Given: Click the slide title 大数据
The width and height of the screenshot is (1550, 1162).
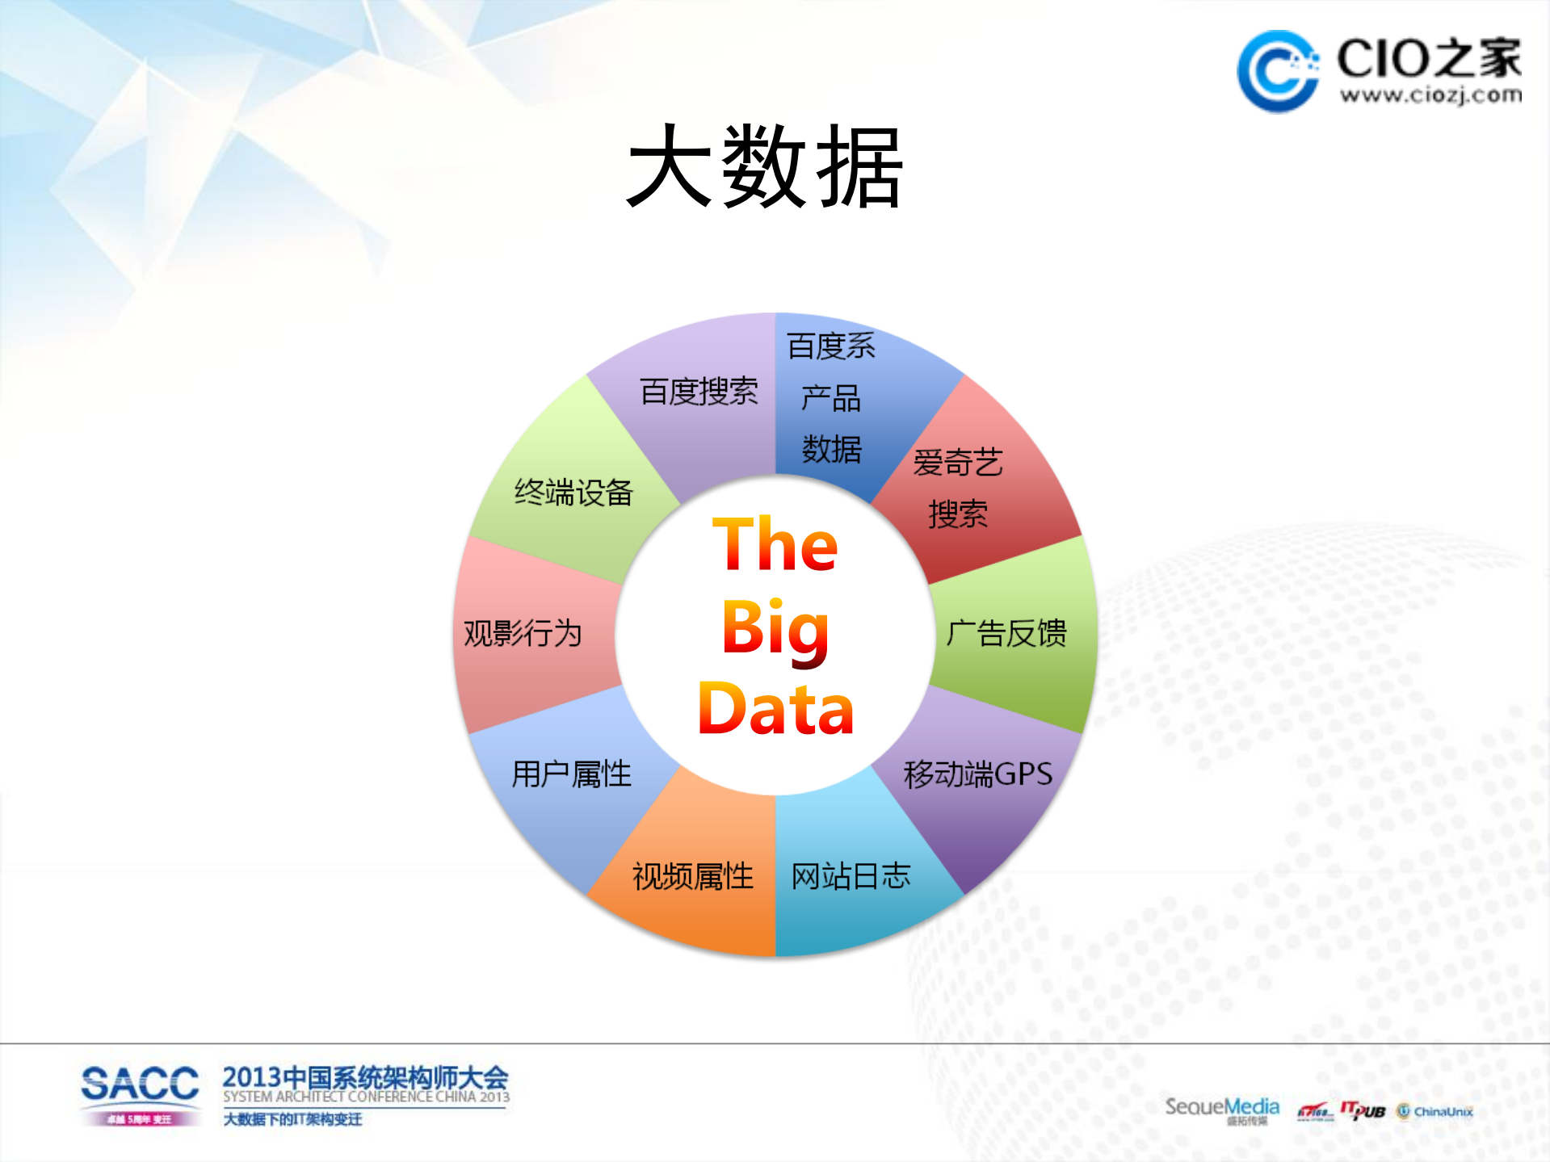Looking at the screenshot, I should [x=764, y=167].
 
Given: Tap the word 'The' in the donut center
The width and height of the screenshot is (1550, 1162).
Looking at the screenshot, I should [x=775, y=544].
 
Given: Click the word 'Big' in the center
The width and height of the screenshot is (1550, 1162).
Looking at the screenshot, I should [x=775, y=628].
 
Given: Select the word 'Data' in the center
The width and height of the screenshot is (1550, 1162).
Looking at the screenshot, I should [x=775, y=709].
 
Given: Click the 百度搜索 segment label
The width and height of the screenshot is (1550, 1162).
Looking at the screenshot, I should [x=699, y=392].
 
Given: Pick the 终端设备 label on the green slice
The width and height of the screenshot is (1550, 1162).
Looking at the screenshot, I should [x=573, y=492].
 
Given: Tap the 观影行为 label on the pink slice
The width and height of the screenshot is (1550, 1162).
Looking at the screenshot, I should [x=523, y=633].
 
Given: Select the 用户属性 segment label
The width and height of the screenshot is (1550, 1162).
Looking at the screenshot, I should [x=571, y=774].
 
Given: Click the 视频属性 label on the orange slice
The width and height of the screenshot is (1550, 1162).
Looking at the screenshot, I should [x=692, y=876].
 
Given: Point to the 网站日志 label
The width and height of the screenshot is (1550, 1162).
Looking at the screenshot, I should [x=851, y=876].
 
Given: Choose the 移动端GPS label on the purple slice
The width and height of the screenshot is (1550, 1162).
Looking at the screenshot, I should [x=977, y=774].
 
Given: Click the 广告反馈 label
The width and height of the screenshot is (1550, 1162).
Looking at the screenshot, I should [x=1006, y=633].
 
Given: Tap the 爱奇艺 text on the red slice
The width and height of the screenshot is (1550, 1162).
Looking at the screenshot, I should [x=957, y=463].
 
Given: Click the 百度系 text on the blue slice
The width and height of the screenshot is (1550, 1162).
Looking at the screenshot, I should [x=831, y=346].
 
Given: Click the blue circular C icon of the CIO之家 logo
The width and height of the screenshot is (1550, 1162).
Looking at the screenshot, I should [x=1277, y=71].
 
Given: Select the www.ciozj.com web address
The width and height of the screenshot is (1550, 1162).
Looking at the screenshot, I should [x=1430, y=95].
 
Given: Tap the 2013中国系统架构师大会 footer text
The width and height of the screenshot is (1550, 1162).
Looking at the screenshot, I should [x=365, y=1077].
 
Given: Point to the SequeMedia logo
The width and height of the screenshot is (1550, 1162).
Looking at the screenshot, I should [x=1221, y=1107].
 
